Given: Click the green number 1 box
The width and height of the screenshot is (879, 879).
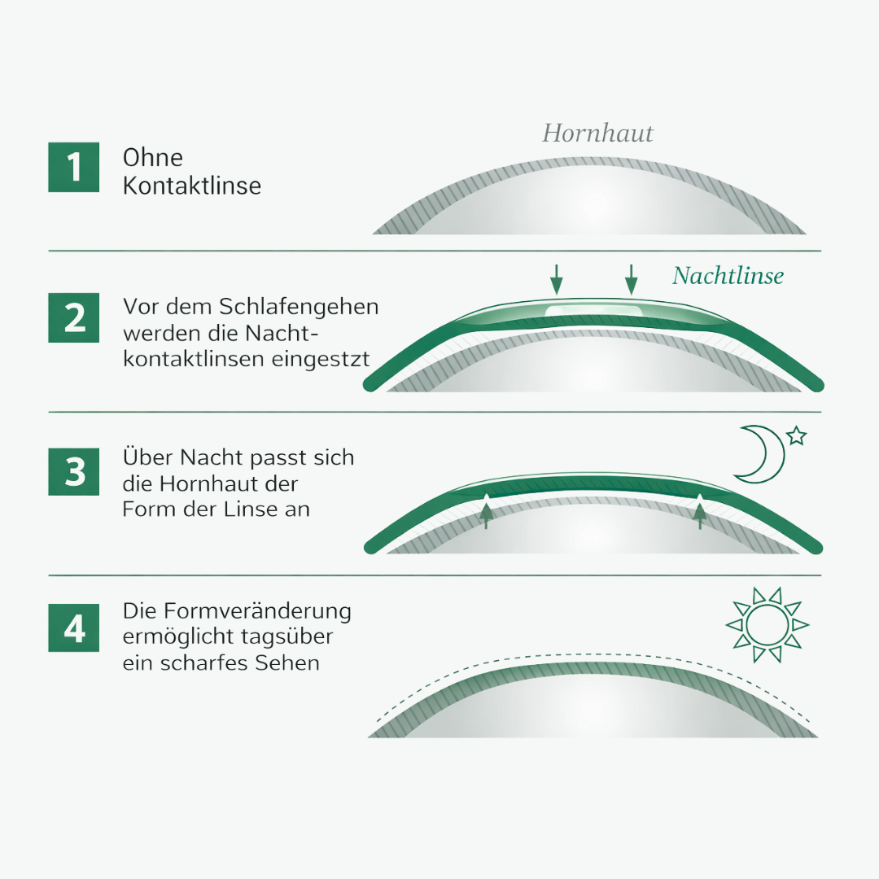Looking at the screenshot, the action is pyautogui.click(x=73, y=167).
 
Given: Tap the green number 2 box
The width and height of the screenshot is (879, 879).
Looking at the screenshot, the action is pyautogui.click(x=73, y=317).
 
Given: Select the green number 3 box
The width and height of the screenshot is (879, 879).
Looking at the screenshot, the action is pyautogui.click(x=73, y=471).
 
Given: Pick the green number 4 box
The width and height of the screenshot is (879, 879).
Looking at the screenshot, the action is pyautogui.click(x=73, y=628).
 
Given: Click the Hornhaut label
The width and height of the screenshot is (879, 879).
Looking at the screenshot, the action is pyautogui.click(x=597, y=133).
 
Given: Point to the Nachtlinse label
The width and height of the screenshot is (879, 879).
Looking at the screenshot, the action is pyautogui.click(x=728, y=276).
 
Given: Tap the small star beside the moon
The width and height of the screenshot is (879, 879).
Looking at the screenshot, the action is pyautogui.click(x=797, y=435).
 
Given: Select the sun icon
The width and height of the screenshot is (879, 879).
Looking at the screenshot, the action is pyautogui.click(x=767, y=624).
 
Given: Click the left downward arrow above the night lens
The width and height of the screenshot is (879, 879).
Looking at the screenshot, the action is pyautogui.click(x=556, y=280).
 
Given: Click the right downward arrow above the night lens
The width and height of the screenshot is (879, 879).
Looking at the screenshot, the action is pyautogui.click(x=632, y=280).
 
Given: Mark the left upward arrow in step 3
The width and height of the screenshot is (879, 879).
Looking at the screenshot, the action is pyautogui.click(x=486, y=512).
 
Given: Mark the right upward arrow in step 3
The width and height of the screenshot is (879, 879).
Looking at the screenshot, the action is pyautogui.click(x=700, y=512).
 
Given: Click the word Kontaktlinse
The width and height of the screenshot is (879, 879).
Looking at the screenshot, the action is pyautogui.click(x=192, y=186).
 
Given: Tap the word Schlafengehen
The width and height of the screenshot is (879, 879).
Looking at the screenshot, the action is pyautogui.click(x=298, y=307).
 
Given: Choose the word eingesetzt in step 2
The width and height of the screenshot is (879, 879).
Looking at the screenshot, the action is pyautogui.click(x=321, y=359).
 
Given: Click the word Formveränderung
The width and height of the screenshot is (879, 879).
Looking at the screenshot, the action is pyautogui.click(x=258, y=611).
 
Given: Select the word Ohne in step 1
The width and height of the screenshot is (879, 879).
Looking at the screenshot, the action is pyautogui.click(x=152, y=158).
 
